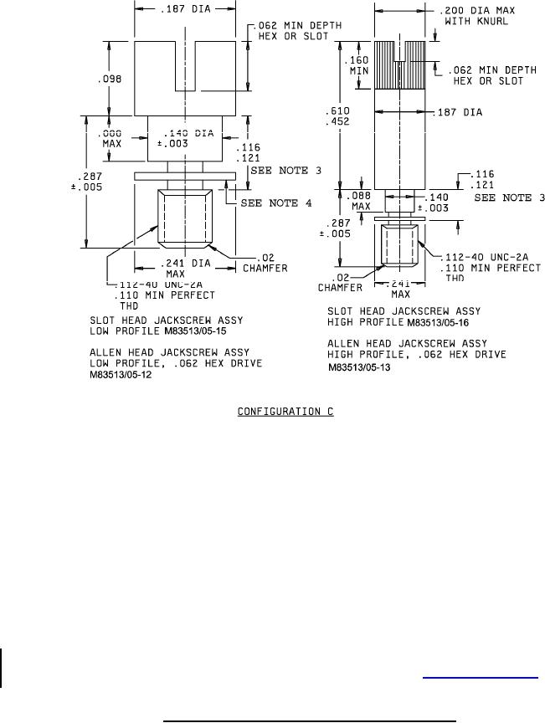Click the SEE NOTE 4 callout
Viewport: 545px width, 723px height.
click(x=275, y=203)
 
